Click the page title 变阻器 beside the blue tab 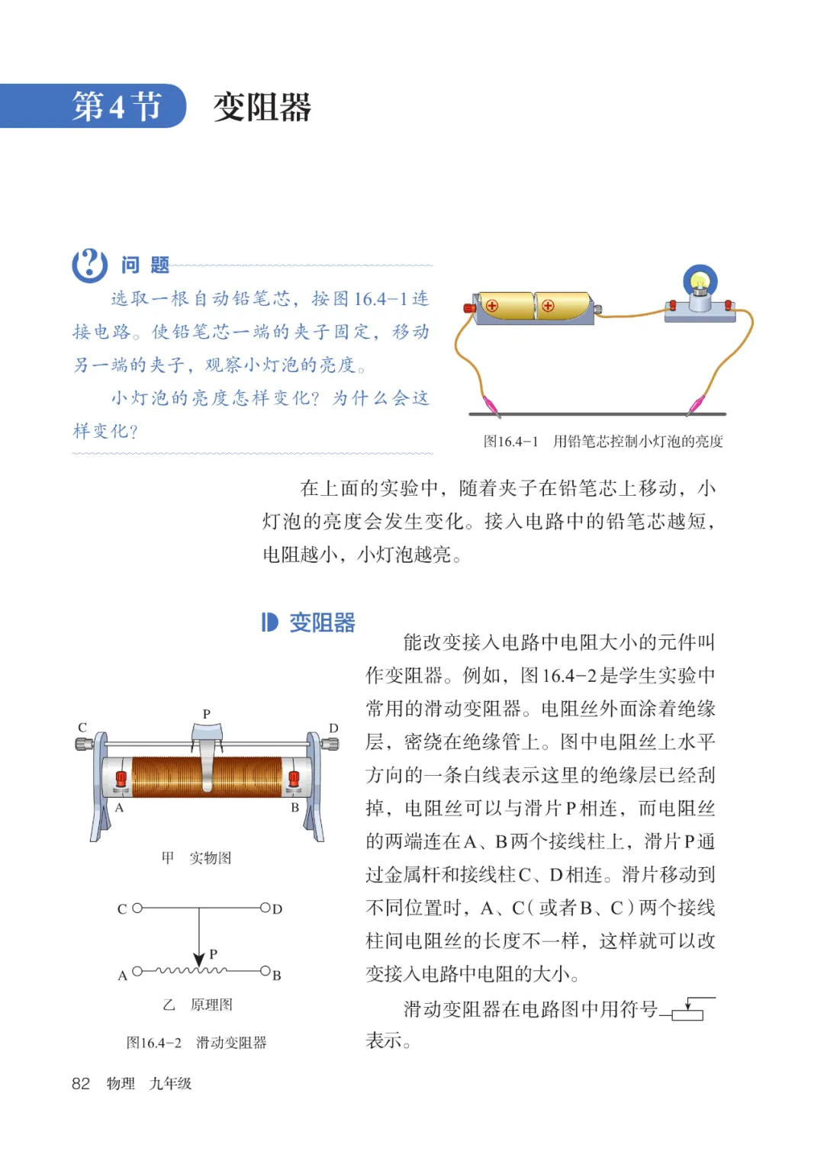[262, 107]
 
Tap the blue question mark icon [89, 265]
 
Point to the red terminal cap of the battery [469, 307]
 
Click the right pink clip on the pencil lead [696, 404]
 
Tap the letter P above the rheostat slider [206, 714]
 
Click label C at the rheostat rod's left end [82, 728]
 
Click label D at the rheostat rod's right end [333, 728]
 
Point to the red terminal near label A [121, 780]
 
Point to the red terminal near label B [294, 780]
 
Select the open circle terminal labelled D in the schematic [265, 908]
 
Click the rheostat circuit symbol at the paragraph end [688, 1009]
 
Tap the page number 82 [81, 1083]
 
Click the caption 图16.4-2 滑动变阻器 [196, 1043]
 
